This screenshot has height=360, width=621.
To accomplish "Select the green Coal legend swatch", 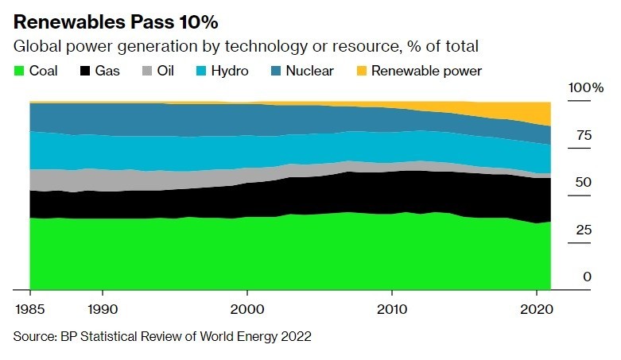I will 18,72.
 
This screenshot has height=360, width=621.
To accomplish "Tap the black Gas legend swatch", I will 84,72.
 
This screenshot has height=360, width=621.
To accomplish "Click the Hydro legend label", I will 230,72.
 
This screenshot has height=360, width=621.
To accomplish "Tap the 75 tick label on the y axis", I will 584,135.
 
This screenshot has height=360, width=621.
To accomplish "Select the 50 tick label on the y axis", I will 584,182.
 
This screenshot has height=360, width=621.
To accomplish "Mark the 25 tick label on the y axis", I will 584,230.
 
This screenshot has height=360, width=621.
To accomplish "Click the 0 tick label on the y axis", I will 588,277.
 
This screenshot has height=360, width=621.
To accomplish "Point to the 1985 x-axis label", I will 29,308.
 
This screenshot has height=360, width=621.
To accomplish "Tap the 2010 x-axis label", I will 391,308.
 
